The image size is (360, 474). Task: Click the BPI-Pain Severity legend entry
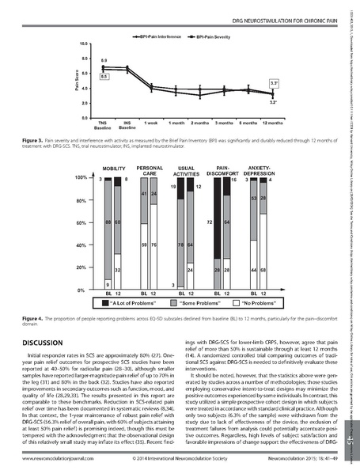point(218,37)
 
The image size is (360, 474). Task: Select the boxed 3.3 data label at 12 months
point(273,83)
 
